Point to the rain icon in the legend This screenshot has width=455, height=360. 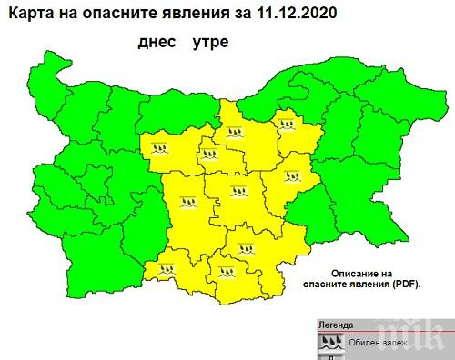point(330,342)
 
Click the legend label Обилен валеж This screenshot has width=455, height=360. point(373,343)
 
